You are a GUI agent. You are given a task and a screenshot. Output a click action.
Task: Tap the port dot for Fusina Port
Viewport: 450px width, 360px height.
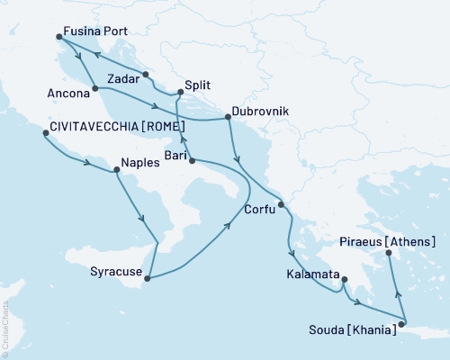[59, 37]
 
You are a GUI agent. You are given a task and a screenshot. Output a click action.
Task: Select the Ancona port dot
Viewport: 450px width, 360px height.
[94, 88]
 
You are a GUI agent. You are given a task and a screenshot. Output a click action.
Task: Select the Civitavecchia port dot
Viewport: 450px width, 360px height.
[45, 134]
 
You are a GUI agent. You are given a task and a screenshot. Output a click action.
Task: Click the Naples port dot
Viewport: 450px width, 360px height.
[115, 169]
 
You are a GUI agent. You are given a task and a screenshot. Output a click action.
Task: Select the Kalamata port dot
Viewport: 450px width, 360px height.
[343, 280]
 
